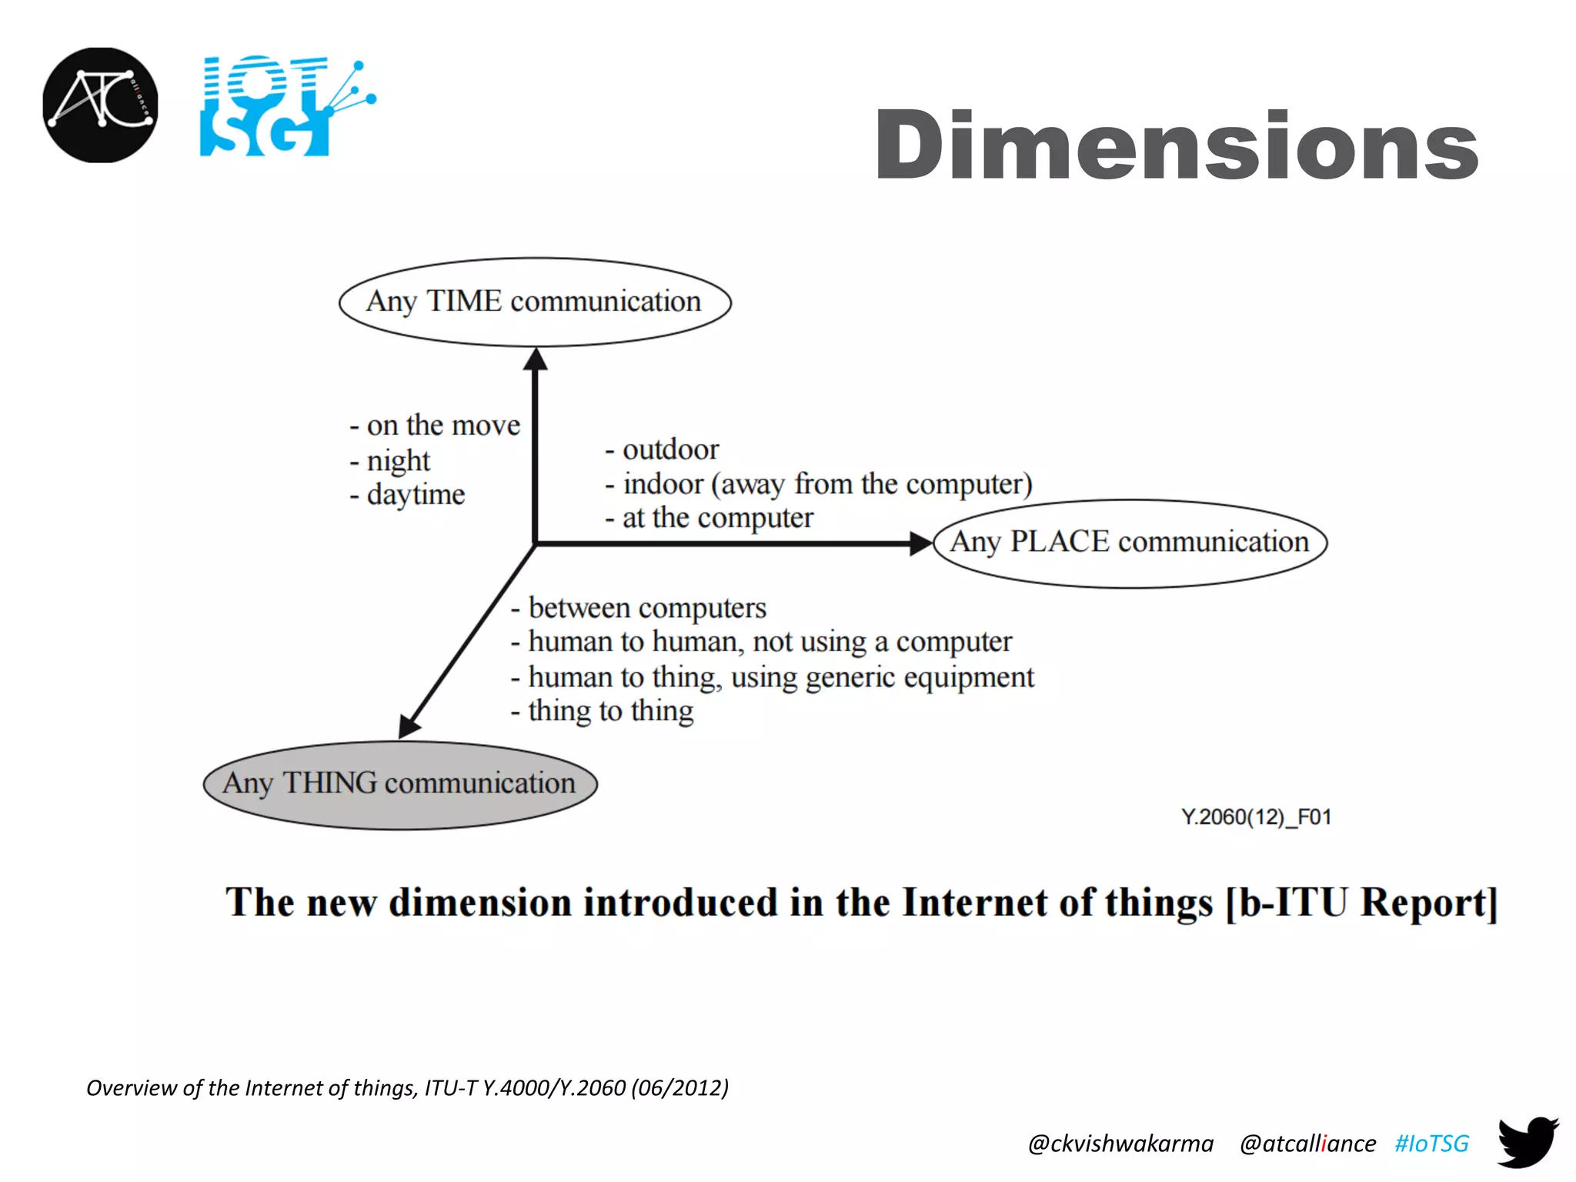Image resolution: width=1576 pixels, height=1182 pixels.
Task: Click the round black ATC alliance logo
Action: click(x=100, y=105)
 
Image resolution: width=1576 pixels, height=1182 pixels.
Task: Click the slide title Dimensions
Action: click(x=1176, y=145)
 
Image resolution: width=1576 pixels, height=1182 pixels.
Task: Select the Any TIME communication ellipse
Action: click(x=535, y=302)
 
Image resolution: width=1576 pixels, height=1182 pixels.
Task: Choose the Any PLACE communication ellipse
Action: click(x=1130, y=543)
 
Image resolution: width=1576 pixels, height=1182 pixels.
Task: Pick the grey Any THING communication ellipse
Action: click(x=400, y=784)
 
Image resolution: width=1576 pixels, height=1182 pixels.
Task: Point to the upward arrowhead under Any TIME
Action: click(x=536, y=359)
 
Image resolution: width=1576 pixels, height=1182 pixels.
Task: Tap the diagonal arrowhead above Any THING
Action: click(x=409, y=725)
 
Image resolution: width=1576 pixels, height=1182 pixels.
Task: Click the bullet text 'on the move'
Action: click(x=443, y=425)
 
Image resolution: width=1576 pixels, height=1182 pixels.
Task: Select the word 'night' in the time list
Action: click(x=398, y=460)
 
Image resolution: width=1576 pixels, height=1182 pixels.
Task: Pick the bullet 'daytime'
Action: click(x=416, y=494)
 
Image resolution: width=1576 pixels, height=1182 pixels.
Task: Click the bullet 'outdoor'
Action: click(x=670, y=449)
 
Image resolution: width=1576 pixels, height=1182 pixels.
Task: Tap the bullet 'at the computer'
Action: click(x=716, y=518)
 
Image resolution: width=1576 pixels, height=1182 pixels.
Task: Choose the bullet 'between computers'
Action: click(x=646, y=608)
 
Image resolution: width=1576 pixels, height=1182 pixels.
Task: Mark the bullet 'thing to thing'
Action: click(x=610, y=710)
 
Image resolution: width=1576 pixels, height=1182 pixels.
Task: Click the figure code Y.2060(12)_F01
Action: click(x=1256, y=816)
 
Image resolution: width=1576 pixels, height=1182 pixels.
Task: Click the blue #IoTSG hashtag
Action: click(x=1431, y=1144)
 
